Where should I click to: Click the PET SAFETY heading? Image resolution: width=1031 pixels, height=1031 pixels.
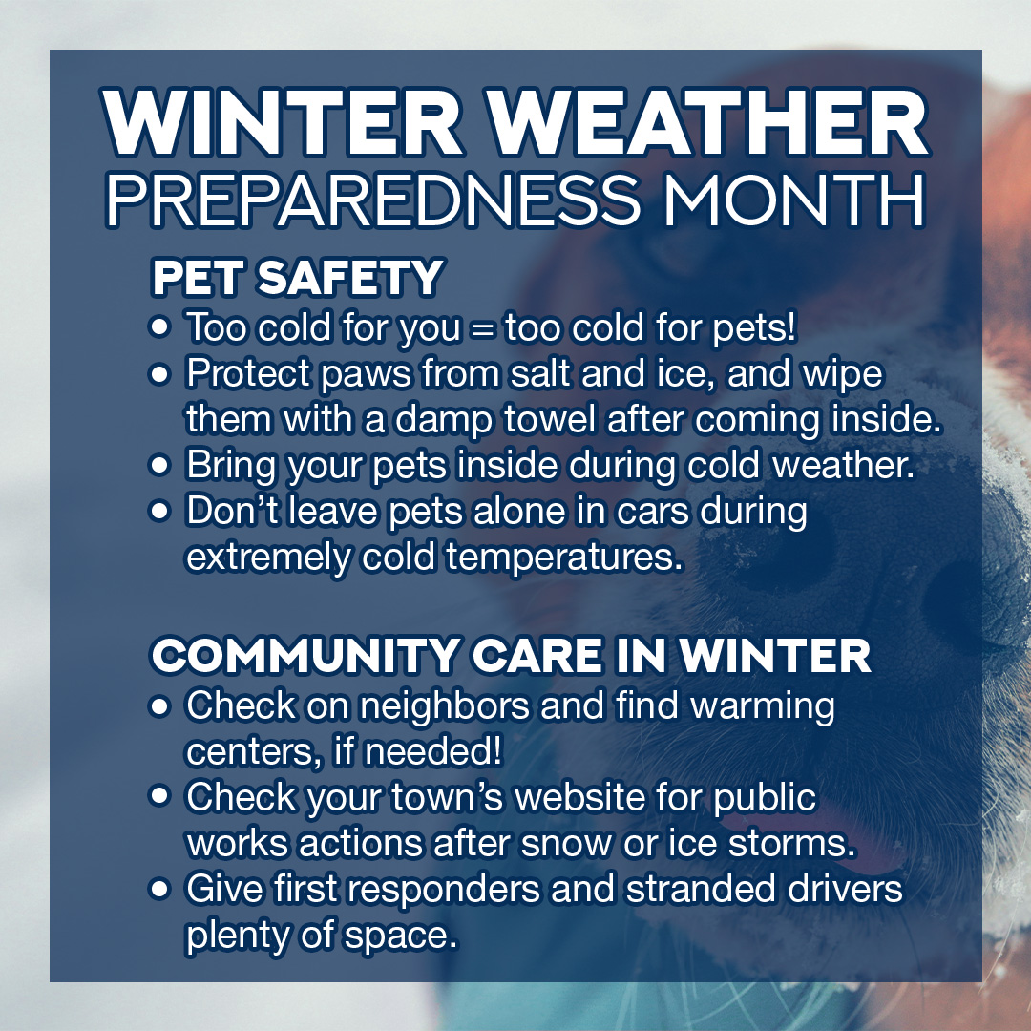click(297, 278)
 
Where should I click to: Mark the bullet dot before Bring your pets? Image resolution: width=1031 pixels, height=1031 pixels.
click(160, 467)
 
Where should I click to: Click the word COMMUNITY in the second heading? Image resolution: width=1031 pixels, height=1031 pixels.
click(305, 656)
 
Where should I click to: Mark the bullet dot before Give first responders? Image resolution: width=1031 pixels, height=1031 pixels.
click(160, 889)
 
